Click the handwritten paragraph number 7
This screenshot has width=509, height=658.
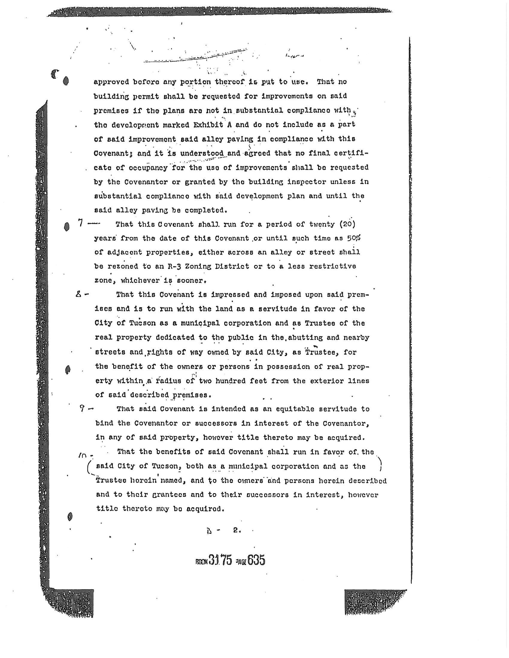click(x=80, y=223)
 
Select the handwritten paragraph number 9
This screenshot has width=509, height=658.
click(x=82, y=409)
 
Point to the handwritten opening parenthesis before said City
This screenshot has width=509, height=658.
click(x=89, y=468)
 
